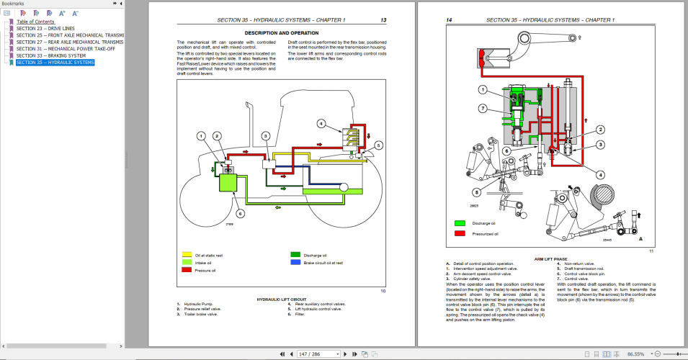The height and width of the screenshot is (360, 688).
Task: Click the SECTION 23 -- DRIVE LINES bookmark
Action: [45, 29]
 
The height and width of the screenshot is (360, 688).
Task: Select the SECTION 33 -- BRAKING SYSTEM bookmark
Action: [50, 55]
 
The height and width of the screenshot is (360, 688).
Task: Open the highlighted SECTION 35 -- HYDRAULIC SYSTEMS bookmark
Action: [55, 63]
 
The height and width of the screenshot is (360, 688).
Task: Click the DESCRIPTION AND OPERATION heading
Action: [282, 33]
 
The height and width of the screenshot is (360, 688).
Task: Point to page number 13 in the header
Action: [383, 20]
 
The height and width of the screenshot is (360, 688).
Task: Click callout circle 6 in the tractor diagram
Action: [241, 213]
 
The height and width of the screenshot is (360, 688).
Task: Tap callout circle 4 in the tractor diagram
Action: [321, 123]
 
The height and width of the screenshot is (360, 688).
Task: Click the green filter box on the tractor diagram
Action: [231, 181]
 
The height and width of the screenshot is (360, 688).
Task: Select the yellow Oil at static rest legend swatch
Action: [187, 255]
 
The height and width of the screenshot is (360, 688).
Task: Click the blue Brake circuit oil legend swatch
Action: [295, 263]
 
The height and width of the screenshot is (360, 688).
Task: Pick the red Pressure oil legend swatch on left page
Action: [187, 271]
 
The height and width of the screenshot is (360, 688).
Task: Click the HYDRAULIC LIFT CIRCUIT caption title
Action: [282, 299]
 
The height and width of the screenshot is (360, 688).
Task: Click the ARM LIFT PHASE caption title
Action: [550, 258]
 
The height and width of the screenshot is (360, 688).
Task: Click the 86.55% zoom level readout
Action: [635, 354]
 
